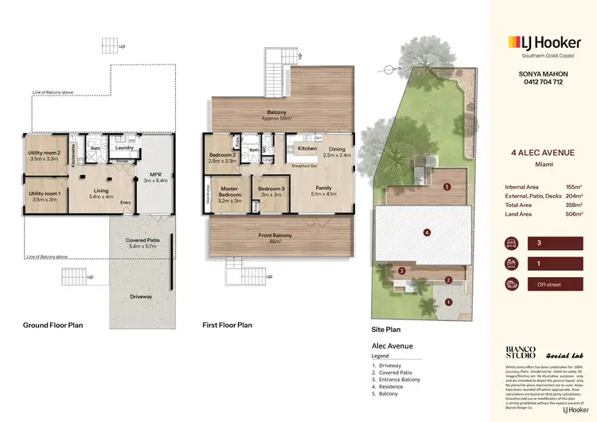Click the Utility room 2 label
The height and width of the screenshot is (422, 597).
(44, 155)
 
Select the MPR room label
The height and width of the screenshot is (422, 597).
(150, 177)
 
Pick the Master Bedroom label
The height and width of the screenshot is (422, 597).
(230, 192)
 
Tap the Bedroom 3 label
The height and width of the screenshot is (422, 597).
(271, 191)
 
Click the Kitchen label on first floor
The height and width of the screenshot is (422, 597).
(307, 149)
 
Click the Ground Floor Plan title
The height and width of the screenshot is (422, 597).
(53, 325)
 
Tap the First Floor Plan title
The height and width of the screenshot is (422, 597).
(228, 325)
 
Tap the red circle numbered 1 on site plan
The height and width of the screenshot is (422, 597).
(448, 303)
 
